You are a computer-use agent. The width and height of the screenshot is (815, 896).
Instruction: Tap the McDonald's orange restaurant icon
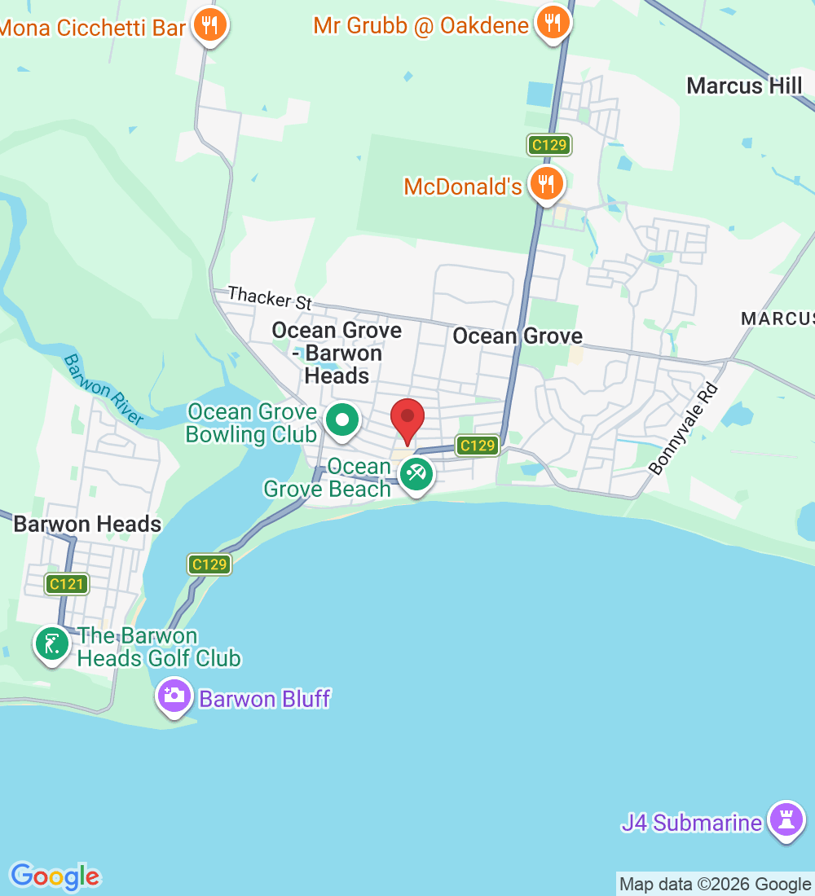pyautogui.click(x=545, y=185)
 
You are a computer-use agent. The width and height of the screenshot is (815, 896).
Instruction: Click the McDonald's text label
pyautogui.click(x=462, y=187)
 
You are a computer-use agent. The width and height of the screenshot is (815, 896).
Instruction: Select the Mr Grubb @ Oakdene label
pyautogui.click(x=421, y=25)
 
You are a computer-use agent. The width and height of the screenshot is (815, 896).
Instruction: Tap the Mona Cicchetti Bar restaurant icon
pyautogui.click(x=210, y=25)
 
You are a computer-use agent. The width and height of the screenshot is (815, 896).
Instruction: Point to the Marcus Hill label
pyautogui.click(x=744, y=86)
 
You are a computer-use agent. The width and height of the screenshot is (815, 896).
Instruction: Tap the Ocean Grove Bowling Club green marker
pyautogui.click(x=342, y=421)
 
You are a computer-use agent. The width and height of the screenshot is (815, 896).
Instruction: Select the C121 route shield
pyautogui.click(x=67, y=583)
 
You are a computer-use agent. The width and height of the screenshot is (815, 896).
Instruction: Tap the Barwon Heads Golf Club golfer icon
pyautogui.click(x=52, y=644)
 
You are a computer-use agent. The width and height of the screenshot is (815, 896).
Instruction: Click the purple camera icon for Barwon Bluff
pyautogui.click(x=174, y=696)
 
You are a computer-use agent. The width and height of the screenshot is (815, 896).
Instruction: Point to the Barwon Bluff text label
pyautogui.click(x=265, y=699)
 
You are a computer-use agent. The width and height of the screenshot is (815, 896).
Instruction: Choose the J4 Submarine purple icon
pyautogui.click(x=786, y=820)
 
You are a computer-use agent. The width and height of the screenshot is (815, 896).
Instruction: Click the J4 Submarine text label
pyautogui.click(x=691, y=823)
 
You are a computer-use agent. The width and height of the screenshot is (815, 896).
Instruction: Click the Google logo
pyautogui.click(x=55, y=876)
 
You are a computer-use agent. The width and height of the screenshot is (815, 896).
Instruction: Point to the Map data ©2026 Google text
pyautogui.click(x=715, y=884)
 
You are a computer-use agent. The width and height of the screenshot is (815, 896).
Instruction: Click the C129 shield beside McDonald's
pyautogui.click(x=548, y=145)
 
